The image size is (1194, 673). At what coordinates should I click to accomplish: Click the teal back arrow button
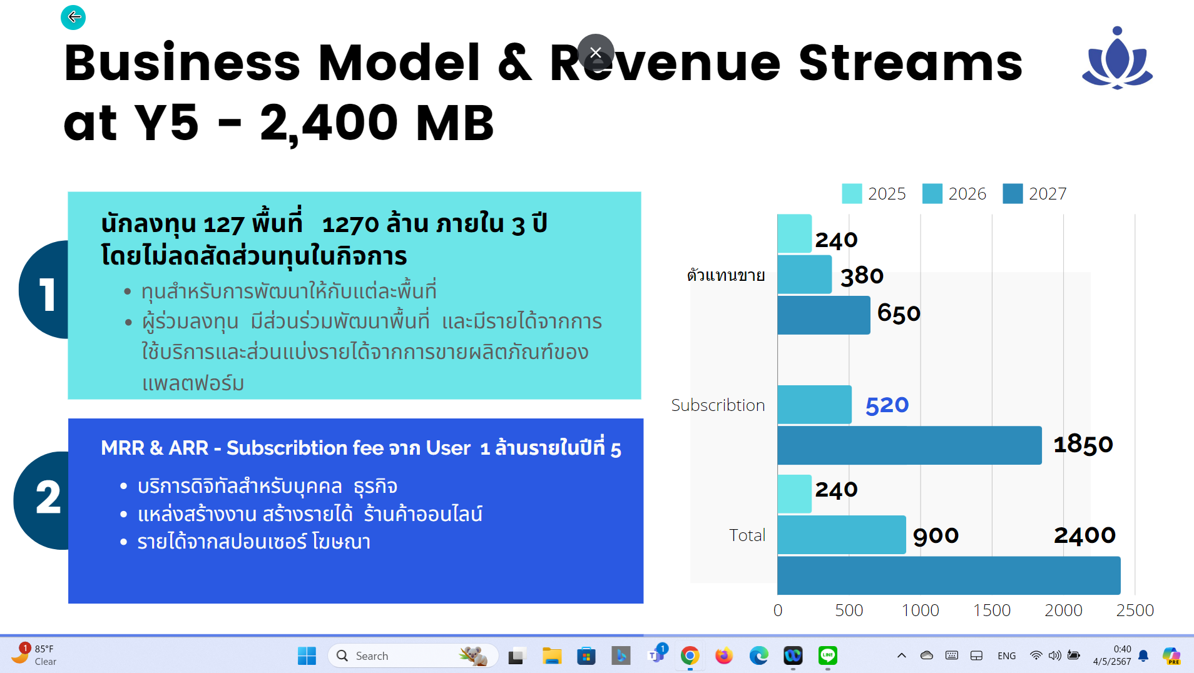(x=73, y=17)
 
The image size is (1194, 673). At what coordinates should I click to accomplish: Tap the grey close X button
(x=596, y=53)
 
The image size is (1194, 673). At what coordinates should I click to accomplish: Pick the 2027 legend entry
(x=1034, y=194)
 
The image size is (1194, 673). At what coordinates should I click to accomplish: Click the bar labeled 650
(x=824, y=315)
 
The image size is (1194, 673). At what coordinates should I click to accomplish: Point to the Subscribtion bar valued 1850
(x=909, y=445)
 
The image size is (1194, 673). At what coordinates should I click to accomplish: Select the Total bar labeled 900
(x=842, y=535)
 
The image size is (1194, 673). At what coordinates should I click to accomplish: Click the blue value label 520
(x=887, y=405)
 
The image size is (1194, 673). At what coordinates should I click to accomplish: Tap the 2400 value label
(x=1084, y=535)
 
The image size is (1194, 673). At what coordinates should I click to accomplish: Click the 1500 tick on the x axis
(x=992, y=610)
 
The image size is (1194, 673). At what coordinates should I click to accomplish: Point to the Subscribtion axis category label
(x=718, y=405)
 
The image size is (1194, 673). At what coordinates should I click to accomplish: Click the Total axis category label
(x=747, y=535)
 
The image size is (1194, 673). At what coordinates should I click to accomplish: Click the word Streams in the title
(x=911, y=63)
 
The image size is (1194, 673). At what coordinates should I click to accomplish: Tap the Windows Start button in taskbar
(x=307, y=655)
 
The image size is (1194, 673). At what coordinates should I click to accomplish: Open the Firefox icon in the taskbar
(x=724, y=655)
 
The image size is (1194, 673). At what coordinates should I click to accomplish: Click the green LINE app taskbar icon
(x=827, y=655)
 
